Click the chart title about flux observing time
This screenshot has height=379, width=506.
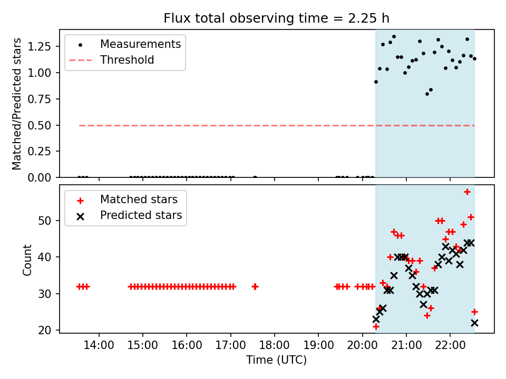pyautogui.click(x=276, y=18)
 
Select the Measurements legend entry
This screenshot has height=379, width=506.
pyautogui.click(x=140, y=44)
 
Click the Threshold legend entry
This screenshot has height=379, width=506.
pyautogui.click(x=127, y=60)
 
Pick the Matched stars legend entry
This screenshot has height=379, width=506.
pyautogui.click(x=139, y=200)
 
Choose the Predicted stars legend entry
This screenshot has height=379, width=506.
pyautogui.click(x=141, y=215)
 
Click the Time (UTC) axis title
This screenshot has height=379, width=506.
pyautogui.click(x=276, y=360)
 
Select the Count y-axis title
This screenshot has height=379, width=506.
pyautogui.click(x=27, y=260)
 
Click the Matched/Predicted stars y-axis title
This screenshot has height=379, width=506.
pyautogui.click(x=17, y=104)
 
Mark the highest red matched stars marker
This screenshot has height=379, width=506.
pyautogui.click(x=467, y=192)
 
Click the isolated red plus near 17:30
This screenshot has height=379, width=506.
pyautogui.click(x=255, y=286)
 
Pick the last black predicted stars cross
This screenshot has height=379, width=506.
pyautogui.click(x=474, y=323)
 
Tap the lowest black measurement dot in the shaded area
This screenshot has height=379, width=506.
pyautogui.click(x=427, y=94)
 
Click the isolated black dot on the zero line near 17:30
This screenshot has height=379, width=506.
pyautogui.click(x=255, y=177)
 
